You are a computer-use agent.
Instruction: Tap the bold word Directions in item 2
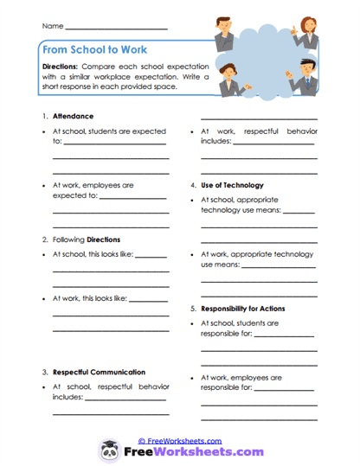104,239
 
